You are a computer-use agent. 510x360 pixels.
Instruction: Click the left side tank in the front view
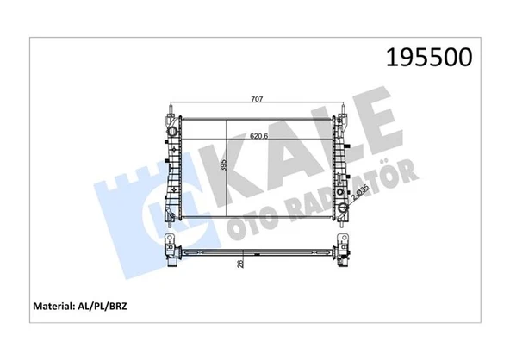172,168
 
